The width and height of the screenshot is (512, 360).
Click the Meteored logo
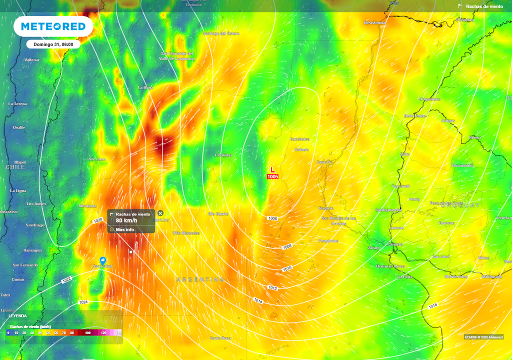(x=53, y=26)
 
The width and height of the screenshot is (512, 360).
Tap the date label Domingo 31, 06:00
(x=53, y=44)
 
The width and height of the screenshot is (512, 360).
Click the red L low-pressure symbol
(x=272, y=170)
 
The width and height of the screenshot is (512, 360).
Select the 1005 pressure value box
(x=272, y=176)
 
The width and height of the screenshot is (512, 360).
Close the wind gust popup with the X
(x=160, y=213)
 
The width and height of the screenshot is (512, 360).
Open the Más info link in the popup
(x=124, y=229)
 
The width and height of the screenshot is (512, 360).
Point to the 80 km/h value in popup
(x=126, y=220)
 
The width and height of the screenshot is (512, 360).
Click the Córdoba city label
(x=223, y=155)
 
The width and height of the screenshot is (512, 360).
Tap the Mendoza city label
(x=87, y=205)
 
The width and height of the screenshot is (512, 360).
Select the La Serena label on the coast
(x=17, y=103)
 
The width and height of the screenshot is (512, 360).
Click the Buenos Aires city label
(x=390, y=266)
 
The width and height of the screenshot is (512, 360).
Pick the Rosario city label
(x=325, y=208)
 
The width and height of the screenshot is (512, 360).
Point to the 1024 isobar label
(x=83, y=302)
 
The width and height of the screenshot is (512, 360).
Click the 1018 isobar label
(x=432, y=305)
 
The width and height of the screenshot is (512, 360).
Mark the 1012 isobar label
(x=272, y=288)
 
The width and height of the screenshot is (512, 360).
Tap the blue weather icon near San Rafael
(x=102, y=260)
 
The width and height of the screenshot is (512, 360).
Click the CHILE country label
(x=15, y=166)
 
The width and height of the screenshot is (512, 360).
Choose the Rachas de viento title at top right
(x=484, y=6)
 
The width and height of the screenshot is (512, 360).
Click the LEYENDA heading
(x=18, y=315)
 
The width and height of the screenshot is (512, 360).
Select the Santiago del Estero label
(x=221, y=33)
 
